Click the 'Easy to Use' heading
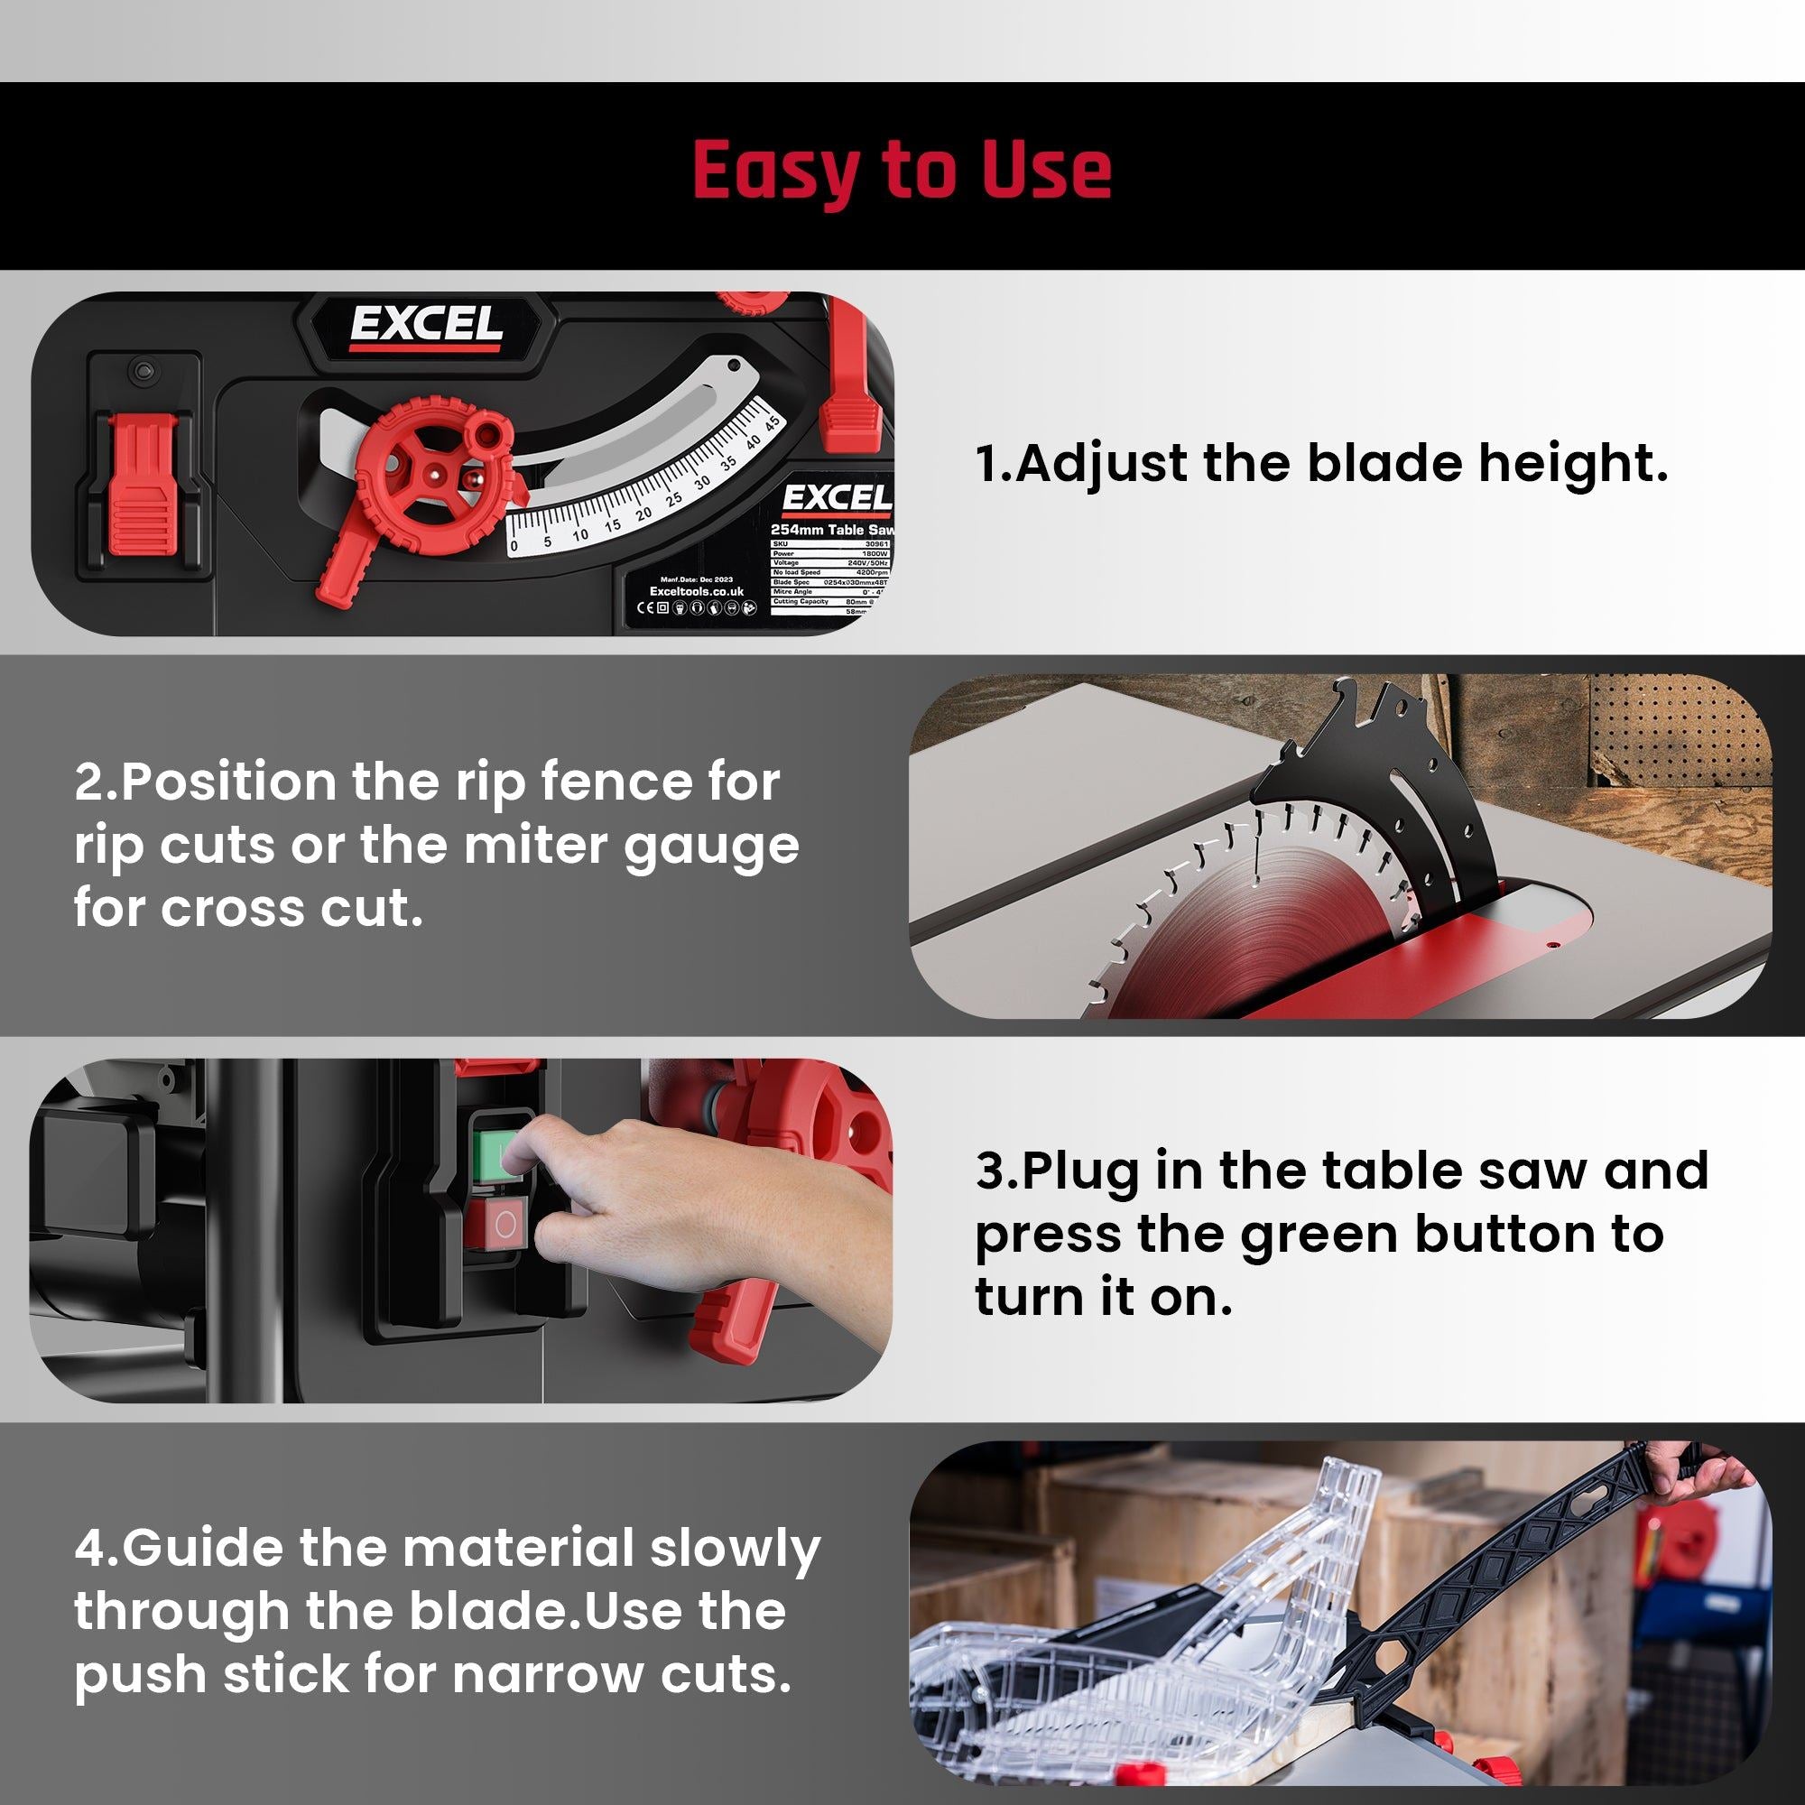coord(902,170)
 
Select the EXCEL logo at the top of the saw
coord(426,326)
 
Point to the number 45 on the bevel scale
coord(771,422)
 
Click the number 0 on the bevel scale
coord(514,546)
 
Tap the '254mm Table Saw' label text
coord(830,530)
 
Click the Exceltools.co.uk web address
coord(696,591)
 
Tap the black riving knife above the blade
coord(1383,775)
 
